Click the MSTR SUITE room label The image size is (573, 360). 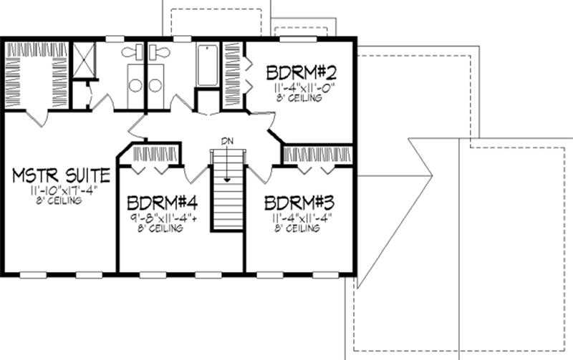61,175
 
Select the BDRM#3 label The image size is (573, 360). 296,203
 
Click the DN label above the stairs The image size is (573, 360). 227,140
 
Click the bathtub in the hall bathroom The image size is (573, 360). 207,65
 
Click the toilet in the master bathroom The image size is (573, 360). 130,52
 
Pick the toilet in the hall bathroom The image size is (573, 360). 156,52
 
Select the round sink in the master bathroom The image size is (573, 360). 134,85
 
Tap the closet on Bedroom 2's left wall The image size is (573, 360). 233,74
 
